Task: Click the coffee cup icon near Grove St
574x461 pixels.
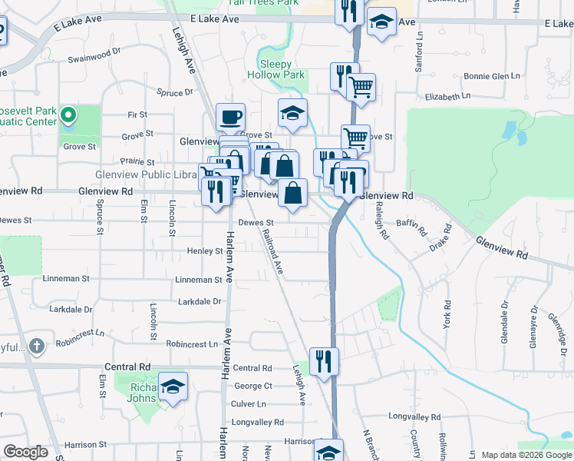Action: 230,118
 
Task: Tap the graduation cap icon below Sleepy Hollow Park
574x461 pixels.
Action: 292,114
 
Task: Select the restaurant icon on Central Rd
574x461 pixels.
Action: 324,361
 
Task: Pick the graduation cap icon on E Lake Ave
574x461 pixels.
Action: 381,23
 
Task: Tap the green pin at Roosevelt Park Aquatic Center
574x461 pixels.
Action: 68,116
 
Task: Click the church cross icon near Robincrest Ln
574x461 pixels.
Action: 36,345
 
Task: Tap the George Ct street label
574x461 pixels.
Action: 252,386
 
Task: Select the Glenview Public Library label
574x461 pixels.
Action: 146,175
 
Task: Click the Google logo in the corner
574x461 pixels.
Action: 25,452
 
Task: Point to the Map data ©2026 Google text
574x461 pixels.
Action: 526,455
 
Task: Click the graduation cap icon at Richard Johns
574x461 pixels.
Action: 173,386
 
